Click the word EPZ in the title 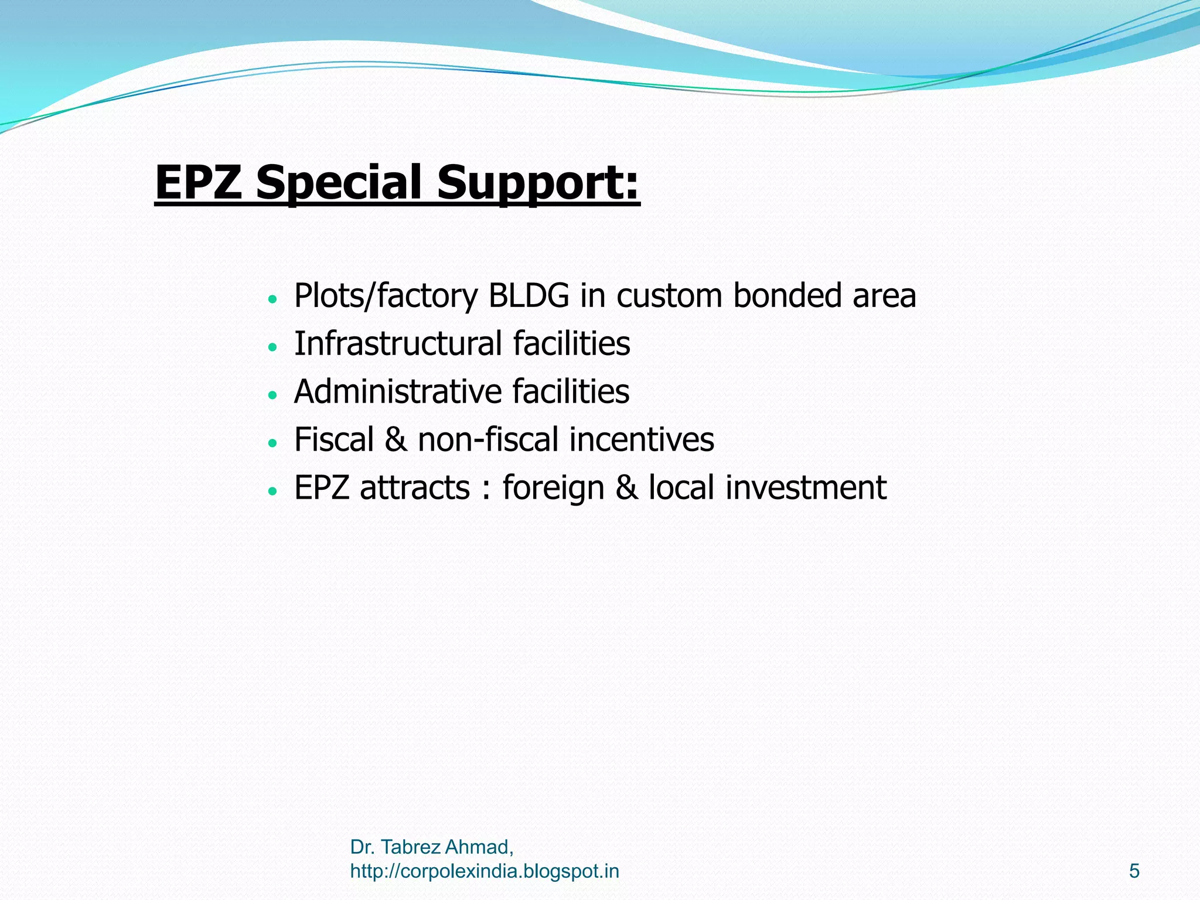[x=198, y=182]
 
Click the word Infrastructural [x=398, y=344]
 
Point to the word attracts [x=415, y=488]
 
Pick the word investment [x=806, y=488]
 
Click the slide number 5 [x=1134, y=871]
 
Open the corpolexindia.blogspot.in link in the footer [x=485, y=871]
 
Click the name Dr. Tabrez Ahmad [x=431, y=847]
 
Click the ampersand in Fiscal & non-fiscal [x=396, y=440]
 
